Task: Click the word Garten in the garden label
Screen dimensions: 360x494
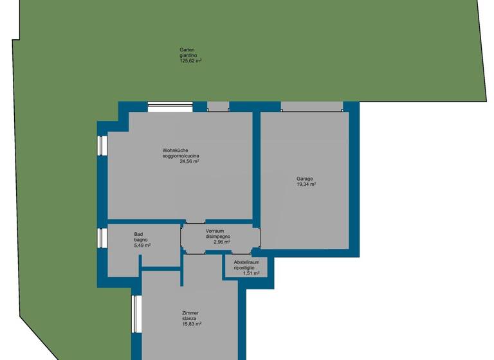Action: (187, 50)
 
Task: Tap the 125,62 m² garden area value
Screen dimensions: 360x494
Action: (190, 61)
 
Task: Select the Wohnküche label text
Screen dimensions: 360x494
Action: (175, 151)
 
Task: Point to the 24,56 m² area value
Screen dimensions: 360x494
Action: (189, 162)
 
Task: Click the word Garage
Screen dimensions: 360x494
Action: (305, 179)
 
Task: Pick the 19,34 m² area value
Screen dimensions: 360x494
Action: (306, 184)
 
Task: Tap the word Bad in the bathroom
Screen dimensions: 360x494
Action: (138, 234)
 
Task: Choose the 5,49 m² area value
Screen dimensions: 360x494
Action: (142, 246)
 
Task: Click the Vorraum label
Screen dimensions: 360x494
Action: (214, 231)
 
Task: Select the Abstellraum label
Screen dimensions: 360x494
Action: (246, 262)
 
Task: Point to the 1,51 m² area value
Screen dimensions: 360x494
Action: (251, 273)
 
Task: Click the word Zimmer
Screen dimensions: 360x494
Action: (190, 313)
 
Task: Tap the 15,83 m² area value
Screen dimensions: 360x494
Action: (192, 324)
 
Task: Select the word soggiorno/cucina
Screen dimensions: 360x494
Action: (185, 156)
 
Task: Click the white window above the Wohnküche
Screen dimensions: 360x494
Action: (170, 107)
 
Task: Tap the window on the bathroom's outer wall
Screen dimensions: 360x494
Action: (102, 238)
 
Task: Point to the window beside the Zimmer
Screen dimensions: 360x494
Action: (136, 314)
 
